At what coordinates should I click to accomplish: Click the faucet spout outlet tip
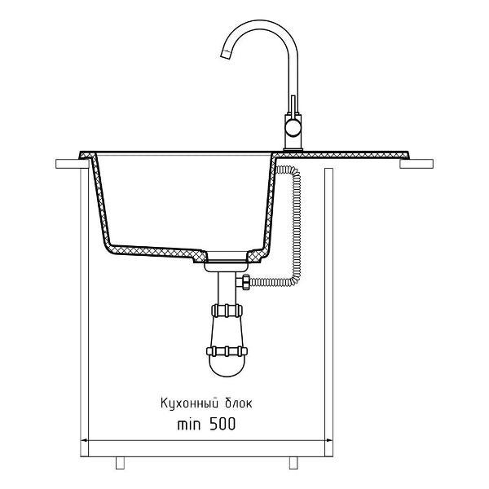pyautogui.click(x=226, y=55)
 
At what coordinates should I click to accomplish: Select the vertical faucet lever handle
pyautogui.click(x=293, y=105)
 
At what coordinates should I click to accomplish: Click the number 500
pyautogui.click(x=222, y=424)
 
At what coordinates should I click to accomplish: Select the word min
pyautogui.click(x=189, y=425)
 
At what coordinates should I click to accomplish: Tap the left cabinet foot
pyautogui.click(x=120, y=463)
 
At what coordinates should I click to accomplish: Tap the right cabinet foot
pyautogui.click(x=293, y=463)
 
